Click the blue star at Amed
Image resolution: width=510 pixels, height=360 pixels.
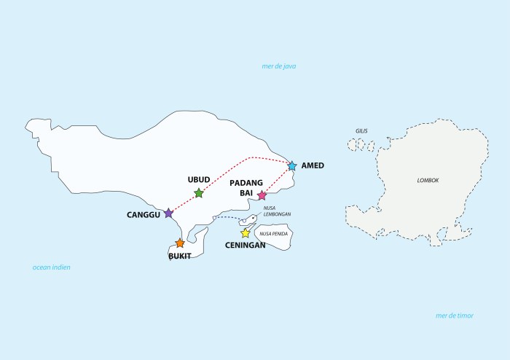coord(292,166)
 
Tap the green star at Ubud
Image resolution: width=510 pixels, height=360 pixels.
coord(199,193)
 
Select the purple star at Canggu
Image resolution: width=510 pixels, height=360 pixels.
coord(169,214)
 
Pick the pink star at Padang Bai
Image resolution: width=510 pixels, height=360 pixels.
coord(262,195)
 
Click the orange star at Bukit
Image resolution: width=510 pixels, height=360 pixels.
coord(180,243)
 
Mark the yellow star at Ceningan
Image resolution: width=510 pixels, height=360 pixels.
coord(246,233)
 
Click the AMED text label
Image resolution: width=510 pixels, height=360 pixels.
coord(313,166)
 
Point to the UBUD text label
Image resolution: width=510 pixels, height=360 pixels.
coord(199,179)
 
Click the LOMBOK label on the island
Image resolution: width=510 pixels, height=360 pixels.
coord(428,180)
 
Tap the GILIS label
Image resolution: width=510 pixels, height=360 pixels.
coord(361,131)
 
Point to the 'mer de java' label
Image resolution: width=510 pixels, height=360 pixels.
coord(279,66)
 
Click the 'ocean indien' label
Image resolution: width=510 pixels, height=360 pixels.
coord(51,267)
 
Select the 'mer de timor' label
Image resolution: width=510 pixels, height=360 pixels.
coord(454,316)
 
